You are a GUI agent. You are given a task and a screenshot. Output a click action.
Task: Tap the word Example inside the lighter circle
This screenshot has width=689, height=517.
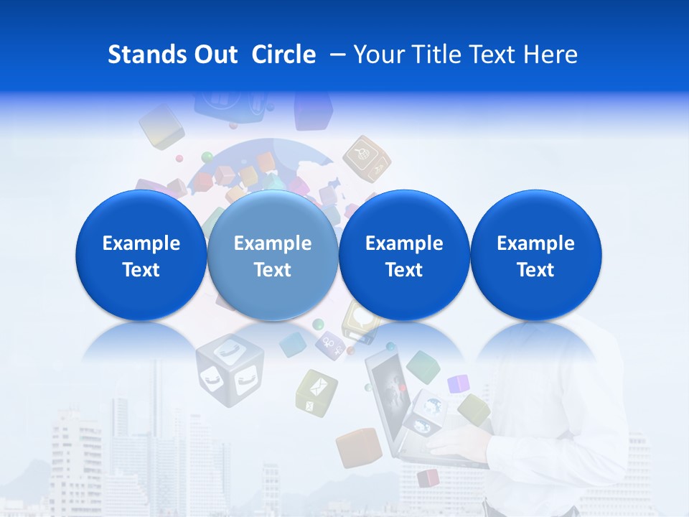[x=272, y=243]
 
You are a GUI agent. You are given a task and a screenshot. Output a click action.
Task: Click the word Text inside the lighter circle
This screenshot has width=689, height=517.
[x=272, y=270]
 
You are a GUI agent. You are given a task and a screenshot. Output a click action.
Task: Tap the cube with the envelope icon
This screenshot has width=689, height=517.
[x=316, y=391]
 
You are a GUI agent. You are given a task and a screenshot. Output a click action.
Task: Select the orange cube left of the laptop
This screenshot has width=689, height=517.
[x=357, y=447]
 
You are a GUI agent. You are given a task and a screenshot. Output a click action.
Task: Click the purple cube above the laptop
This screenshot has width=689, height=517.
[x=458, y=384]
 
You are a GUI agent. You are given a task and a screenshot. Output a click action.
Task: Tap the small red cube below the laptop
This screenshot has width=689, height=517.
[x=428, y=478]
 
